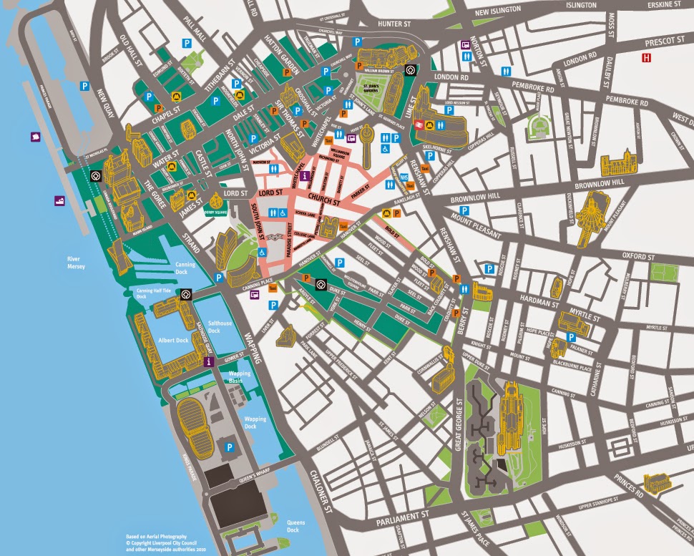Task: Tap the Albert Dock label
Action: coord(174,340)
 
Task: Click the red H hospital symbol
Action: coord(647,57)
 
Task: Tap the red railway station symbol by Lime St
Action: coord(414,123)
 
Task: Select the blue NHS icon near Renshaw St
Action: coord(406,177)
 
